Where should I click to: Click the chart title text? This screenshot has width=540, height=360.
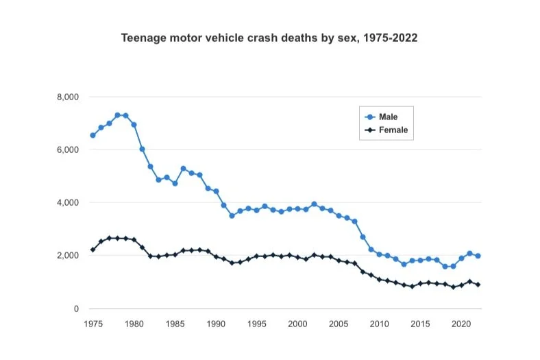tap(269, 38)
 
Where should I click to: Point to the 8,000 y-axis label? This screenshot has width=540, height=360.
tap(68, 97)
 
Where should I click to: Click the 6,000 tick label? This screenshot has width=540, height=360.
tap(68, 150)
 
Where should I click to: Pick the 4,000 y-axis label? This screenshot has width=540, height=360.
tap(68, 203)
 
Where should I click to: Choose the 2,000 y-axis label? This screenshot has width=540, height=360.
tap(68, 256)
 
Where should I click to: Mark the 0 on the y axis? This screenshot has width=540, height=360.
tap(77, 309)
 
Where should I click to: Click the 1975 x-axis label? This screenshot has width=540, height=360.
tap(93, 322)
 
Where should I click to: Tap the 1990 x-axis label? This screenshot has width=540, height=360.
tap(216, 322)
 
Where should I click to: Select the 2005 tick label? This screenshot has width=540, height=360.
tap(339, 322)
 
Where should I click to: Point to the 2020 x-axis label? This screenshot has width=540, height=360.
tap(461, 322)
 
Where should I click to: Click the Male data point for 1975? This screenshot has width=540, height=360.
tap(93, 136)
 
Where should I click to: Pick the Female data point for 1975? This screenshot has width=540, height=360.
tap(93, 250)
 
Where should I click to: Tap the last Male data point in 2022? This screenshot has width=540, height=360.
tap(478, 256)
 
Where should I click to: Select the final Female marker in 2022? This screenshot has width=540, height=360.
tap(478, 285)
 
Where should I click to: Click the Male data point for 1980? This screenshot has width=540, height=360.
tap(134, 125)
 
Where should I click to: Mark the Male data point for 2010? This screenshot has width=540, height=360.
tap(380, 254)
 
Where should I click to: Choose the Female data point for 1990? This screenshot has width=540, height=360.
tap(216, 256)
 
